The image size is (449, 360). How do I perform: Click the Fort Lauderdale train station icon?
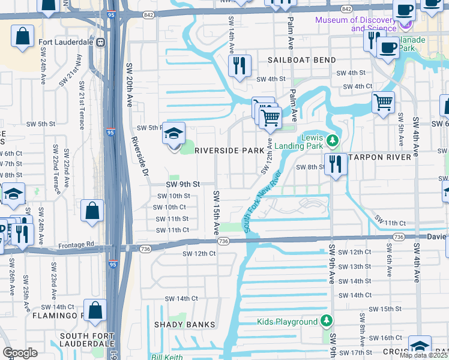(101, 43)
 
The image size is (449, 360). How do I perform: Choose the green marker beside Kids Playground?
(326, 322)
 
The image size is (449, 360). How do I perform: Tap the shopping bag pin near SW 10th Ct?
(92, 211)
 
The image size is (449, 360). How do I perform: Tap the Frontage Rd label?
(76, 245)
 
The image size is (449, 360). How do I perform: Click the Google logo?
(20, 353)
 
